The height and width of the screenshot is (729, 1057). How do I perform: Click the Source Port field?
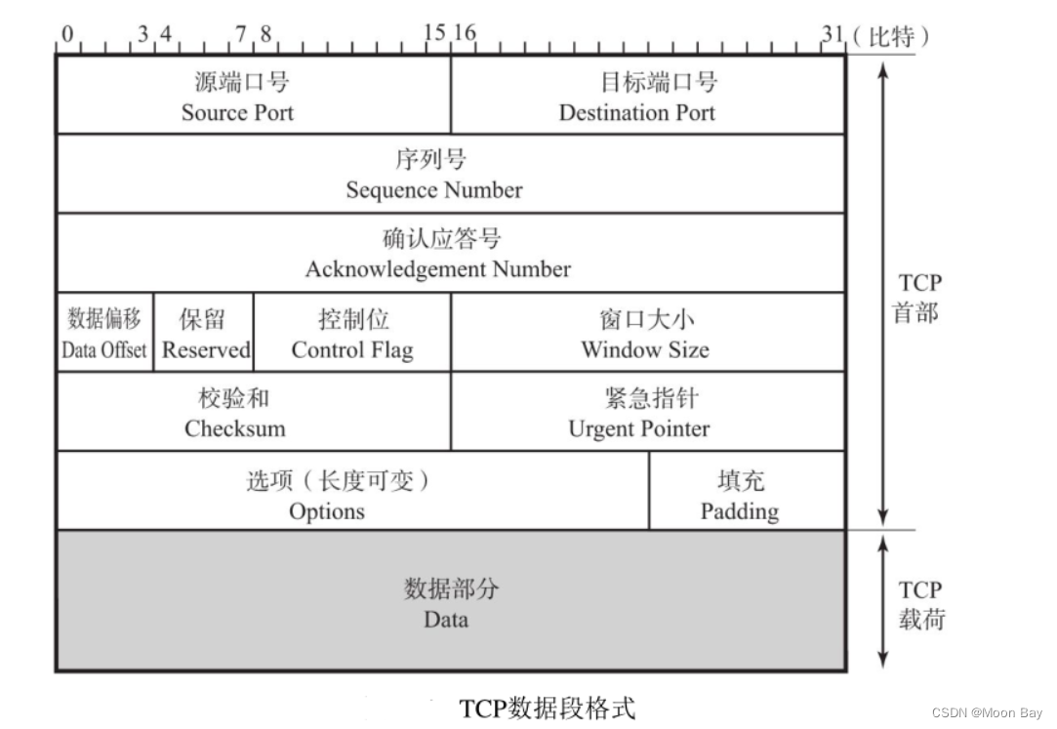(238, 97)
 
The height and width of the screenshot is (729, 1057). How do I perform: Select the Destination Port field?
(637, 97)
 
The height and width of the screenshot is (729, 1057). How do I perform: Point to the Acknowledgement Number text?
(438, 268)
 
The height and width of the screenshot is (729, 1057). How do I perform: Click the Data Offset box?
(104, 334)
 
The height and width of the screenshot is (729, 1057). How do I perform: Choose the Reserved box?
(205, 334)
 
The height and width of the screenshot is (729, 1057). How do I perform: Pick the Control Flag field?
(352, 334)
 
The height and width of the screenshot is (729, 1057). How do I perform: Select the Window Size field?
(645, 334)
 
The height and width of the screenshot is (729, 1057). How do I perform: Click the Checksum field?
(235, 413)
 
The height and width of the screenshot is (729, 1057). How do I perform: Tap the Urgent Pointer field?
(639, 413)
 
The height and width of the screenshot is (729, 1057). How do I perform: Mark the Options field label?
(327, 510)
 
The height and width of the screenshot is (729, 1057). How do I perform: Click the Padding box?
(740, 495)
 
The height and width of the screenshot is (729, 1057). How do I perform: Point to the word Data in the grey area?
(446, 619)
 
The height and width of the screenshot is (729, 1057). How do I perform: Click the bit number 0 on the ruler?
(67, 34)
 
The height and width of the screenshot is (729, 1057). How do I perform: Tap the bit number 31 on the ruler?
(832, 34)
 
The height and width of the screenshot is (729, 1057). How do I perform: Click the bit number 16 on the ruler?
(464, 34)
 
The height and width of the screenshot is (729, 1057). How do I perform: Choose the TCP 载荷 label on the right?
(920, 604)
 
